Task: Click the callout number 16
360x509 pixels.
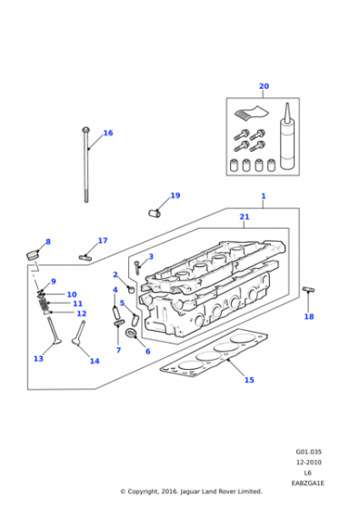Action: click(x=108, y=133)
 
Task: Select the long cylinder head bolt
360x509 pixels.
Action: click(x=86, y=165)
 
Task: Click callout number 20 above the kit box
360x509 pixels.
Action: click(x=264, y=86)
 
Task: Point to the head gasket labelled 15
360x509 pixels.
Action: click(x=215, y=353)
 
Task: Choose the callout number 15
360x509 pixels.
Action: click(x=249, y=380)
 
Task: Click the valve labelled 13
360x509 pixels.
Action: click(x=53, y=331)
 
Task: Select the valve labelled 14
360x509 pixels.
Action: click(x=79, y=334)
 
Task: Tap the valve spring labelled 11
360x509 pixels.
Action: click(x=44, y=304)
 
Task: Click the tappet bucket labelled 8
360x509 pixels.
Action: click(x=32, y=254)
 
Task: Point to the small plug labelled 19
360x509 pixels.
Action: click(x=155, y=213)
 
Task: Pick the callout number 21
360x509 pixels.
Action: click(x=245, y=216)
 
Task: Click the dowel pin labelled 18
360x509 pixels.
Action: click(x=309, y=289)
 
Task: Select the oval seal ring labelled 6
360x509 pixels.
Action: click(x=131, y=333)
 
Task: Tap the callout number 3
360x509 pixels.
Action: click(x=151, y=256)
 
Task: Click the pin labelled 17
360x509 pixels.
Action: click(x=85, y=257)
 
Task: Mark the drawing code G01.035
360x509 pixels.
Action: click(x=308, y=452)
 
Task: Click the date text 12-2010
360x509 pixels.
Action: click(x=308, y=463)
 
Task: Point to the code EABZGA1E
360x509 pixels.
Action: click(x=307, y=484)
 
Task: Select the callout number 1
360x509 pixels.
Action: click(x=264, y=196)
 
